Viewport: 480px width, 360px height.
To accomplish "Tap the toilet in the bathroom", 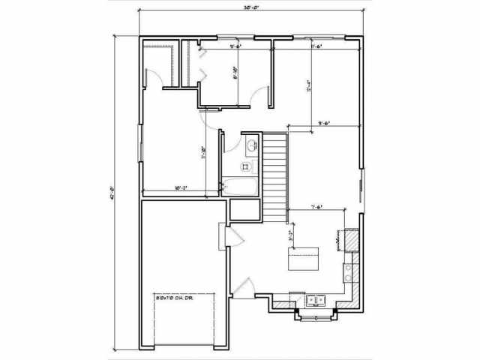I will [246, 166].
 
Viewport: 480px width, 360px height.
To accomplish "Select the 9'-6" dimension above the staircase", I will [324, 122].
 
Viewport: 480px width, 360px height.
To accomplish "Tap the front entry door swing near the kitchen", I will [244, 288].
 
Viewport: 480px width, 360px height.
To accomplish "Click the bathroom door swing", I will [211, 120].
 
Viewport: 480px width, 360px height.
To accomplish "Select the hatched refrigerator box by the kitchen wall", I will [349, 241].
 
